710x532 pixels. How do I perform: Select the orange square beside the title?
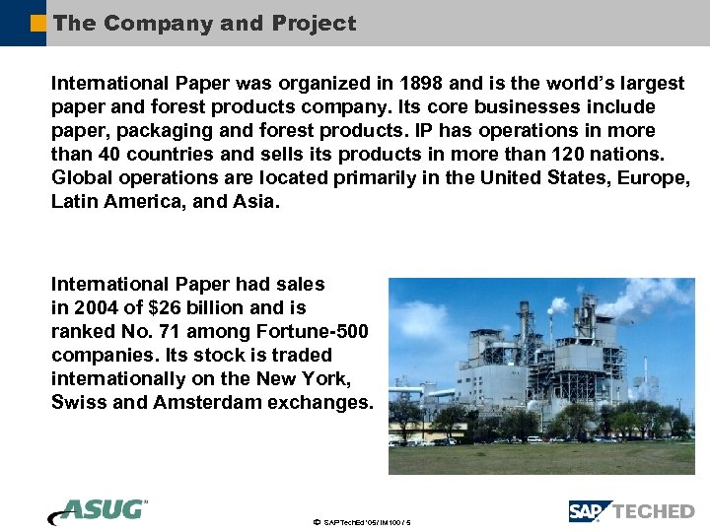click(x=37, y=23)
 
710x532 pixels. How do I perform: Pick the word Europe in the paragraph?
click(x=651, y=177)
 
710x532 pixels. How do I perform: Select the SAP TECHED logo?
click(x=631, y=511)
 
